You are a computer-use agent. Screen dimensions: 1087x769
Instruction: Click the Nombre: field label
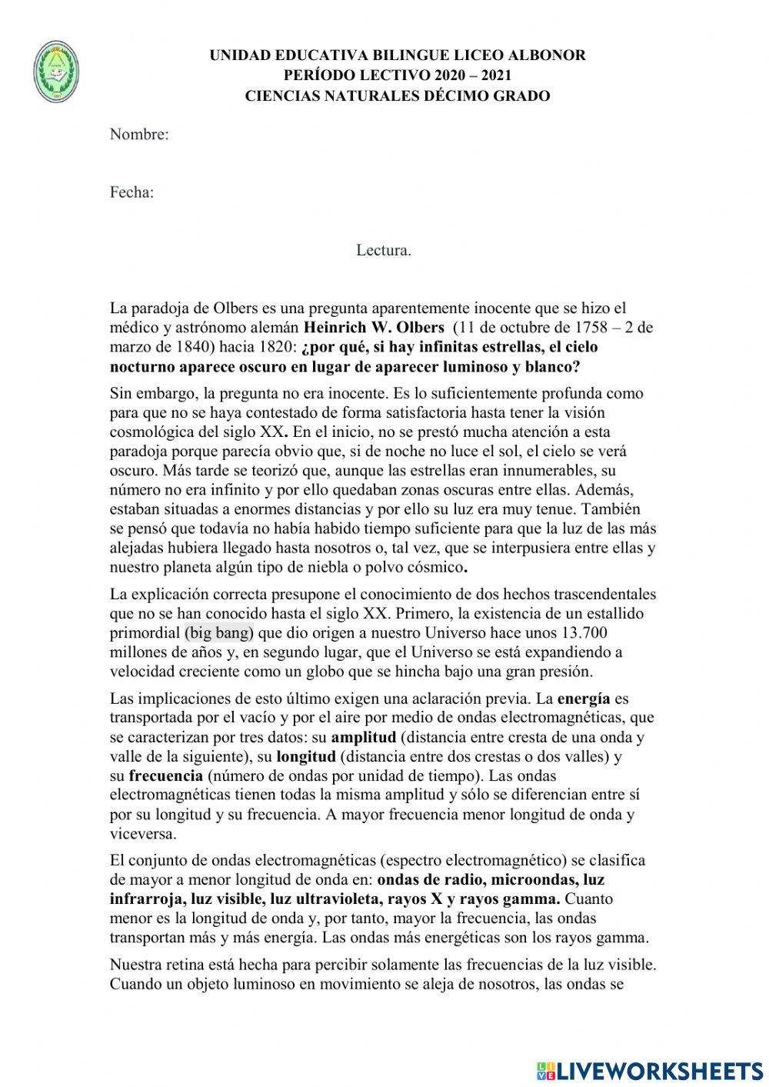139,135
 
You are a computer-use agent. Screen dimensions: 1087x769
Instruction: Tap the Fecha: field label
131,192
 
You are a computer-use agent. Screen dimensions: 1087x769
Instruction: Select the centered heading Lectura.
384,250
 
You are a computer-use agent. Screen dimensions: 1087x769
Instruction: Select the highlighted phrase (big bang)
219,633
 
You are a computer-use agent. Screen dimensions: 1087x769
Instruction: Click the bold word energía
584,699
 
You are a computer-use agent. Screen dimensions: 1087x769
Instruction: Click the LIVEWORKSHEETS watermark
650,1070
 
